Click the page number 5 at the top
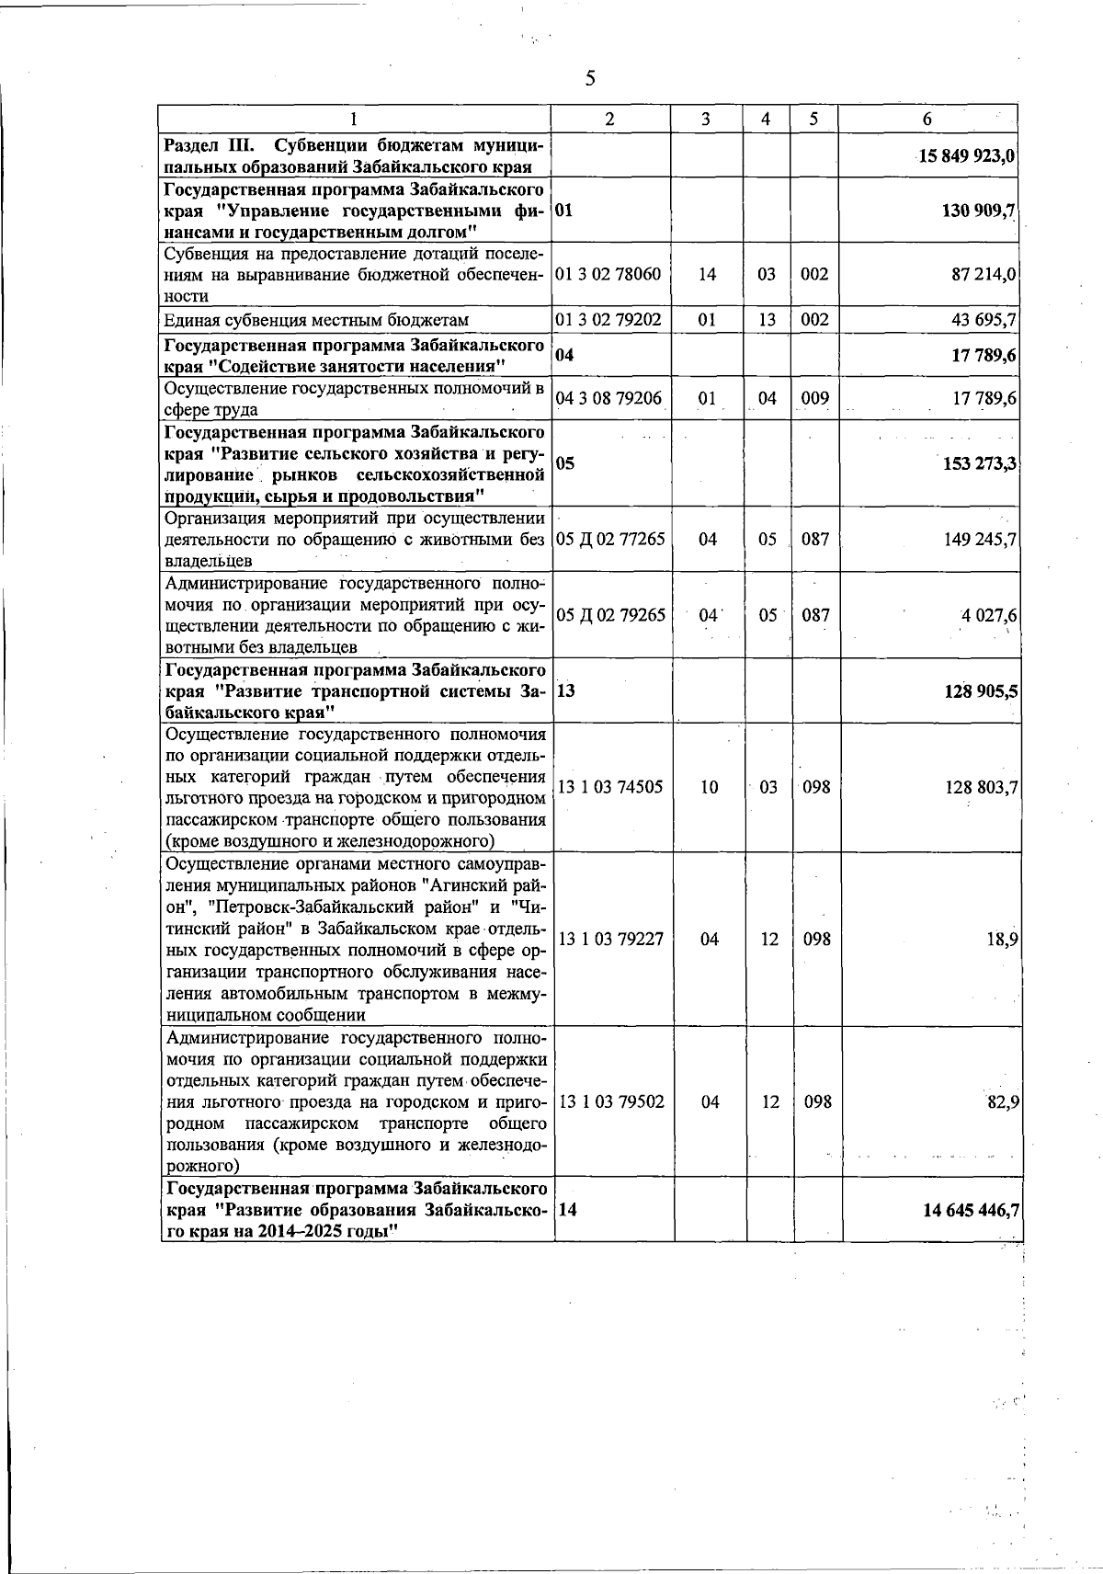590,79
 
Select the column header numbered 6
927,119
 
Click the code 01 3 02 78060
609,274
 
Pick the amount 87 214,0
982,274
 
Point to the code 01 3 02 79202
609,319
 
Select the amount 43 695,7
982,319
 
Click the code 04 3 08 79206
609,398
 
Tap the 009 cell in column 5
814,398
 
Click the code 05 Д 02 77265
611,539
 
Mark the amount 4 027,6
988,614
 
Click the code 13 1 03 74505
610,787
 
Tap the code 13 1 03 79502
611,1101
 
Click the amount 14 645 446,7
970,1210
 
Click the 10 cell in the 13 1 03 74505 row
709,787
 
